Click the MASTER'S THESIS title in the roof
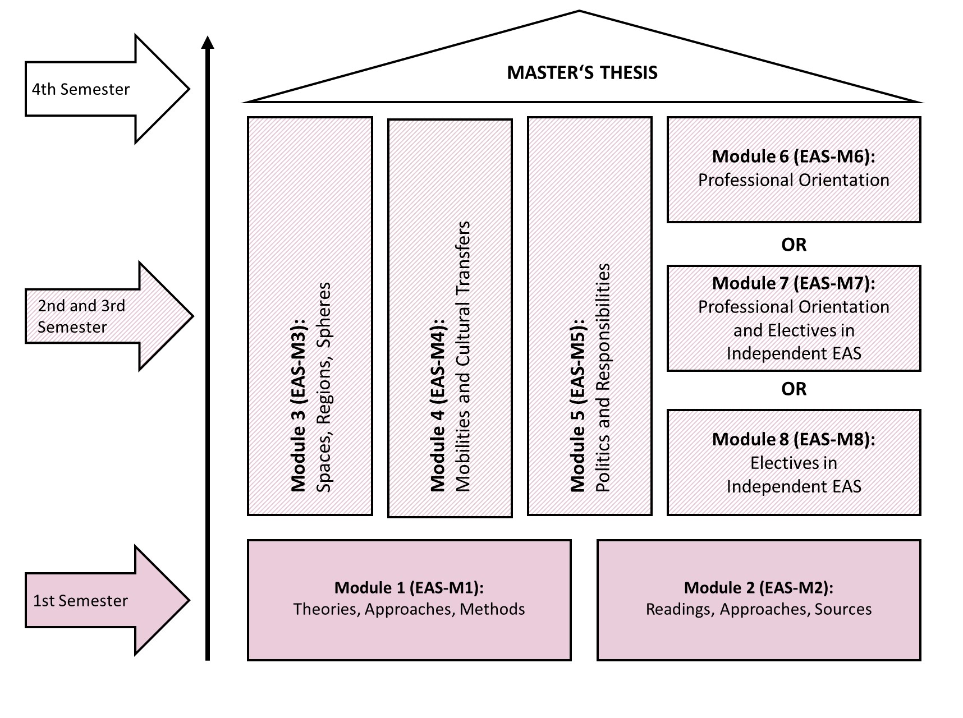pos(582,73)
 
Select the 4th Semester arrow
pos(107,89)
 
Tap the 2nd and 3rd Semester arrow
pos(109,316)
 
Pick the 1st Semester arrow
pos(107,600)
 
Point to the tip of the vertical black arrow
pos(208,36)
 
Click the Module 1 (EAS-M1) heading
pos(409,587)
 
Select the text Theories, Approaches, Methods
pos(409,609)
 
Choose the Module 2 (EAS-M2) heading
pos(759,587)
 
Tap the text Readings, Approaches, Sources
pos(759,609)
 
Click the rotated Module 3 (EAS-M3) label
pos(299,405)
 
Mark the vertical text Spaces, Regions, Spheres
pos(324,387)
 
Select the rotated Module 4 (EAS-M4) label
pos(438,405)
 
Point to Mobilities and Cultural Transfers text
pos(463,357)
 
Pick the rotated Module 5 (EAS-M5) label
pos(577,405)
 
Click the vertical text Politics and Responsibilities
pos(603,378)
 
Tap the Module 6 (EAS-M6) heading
pos(794,156)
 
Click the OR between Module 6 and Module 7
pos(794,245)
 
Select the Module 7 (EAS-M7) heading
pos(794,283)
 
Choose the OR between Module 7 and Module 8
pos(794,389)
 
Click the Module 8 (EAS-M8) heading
pos(794,439)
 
